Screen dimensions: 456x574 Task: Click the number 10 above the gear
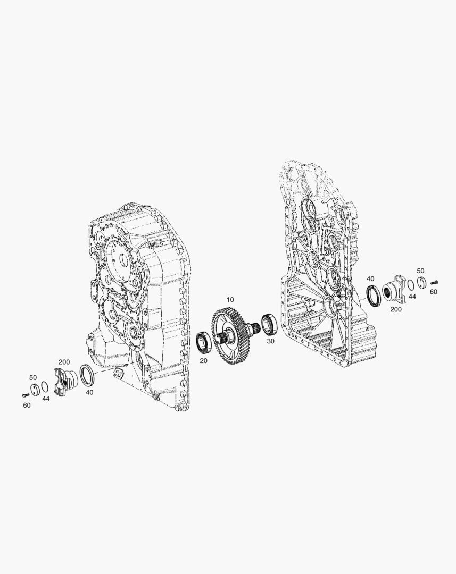pos(230,300)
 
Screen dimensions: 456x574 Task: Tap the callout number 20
pos(203,360)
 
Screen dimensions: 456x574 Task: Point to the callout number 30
pos(270,341)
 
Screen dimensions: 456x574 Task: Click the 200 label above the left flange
pos(64,362)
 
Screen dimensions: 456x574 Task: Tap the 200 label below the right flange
pos(396,309)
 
